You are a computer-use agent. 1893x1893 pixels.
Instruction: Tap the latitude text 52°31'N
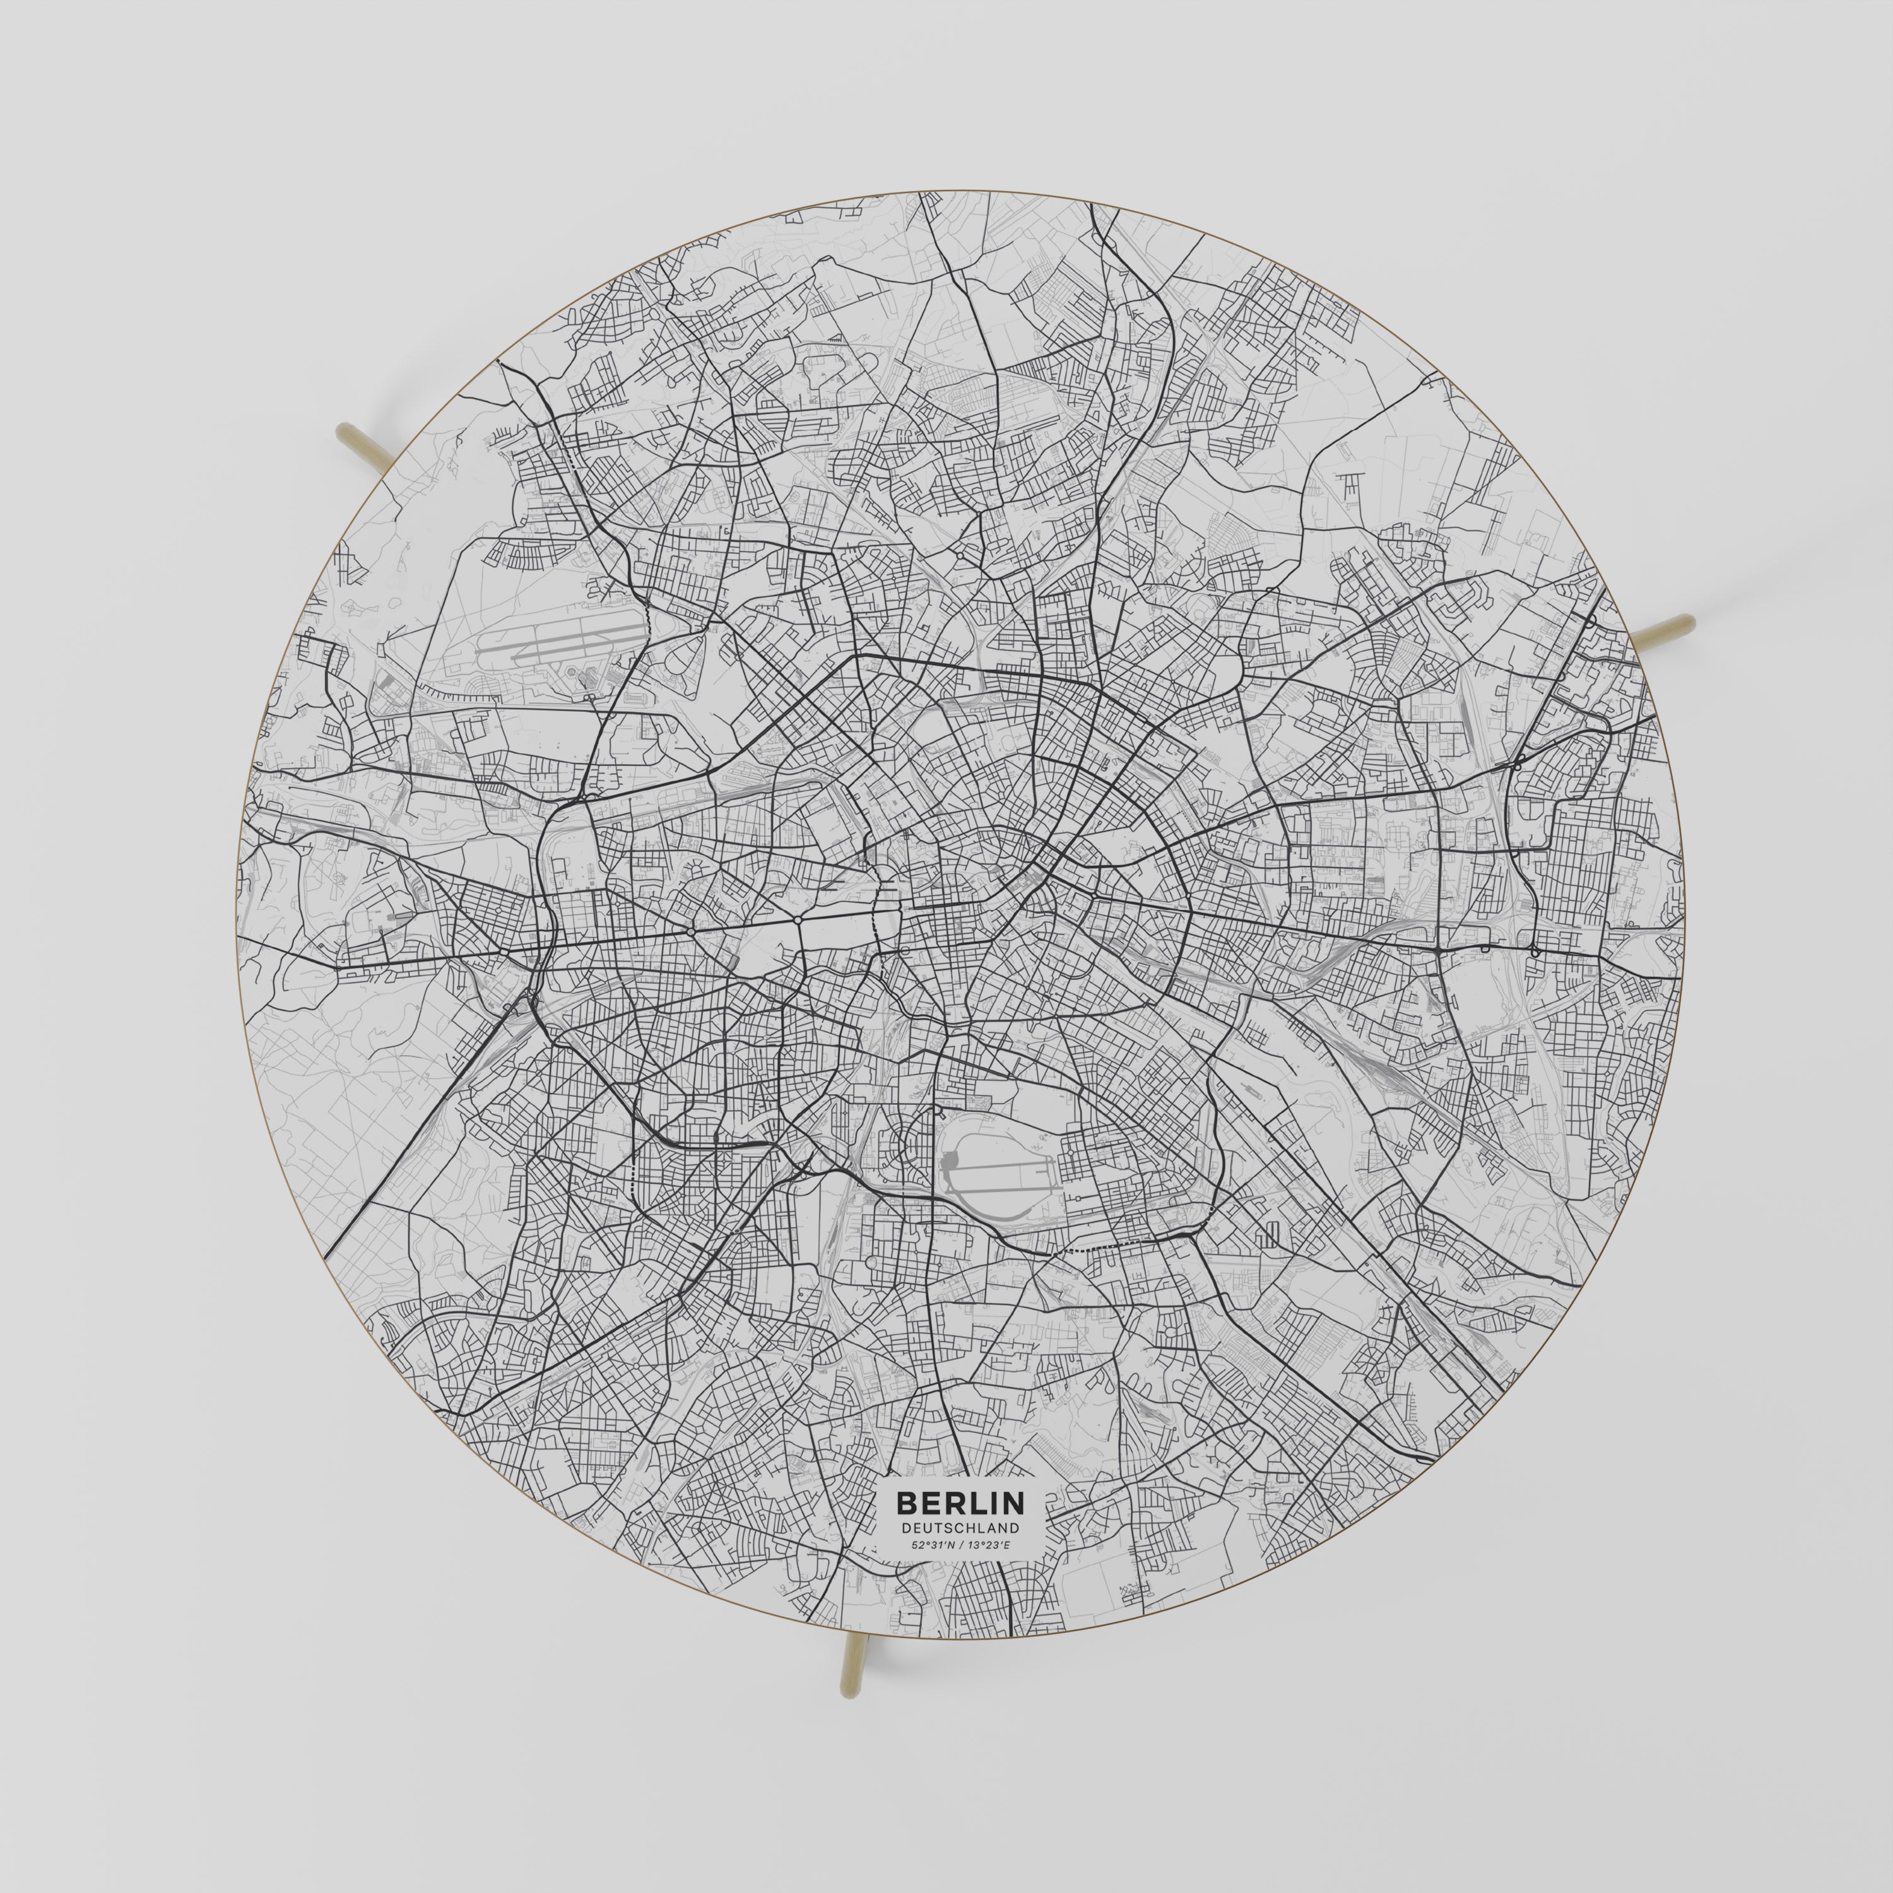tap(932, 1545)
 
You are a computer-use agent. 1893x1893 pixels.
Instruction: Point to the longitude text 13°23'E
tap(989, 1545)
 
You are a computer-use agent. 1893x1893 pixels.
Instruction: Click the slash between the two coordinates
tap(960, 1545)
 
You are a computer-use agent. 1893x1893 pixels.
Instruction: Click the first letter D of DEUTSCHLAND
tap(906, 1528)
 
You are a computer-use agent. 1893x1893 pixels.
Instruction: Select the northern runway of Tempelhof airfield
tap(1000, 1167)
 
